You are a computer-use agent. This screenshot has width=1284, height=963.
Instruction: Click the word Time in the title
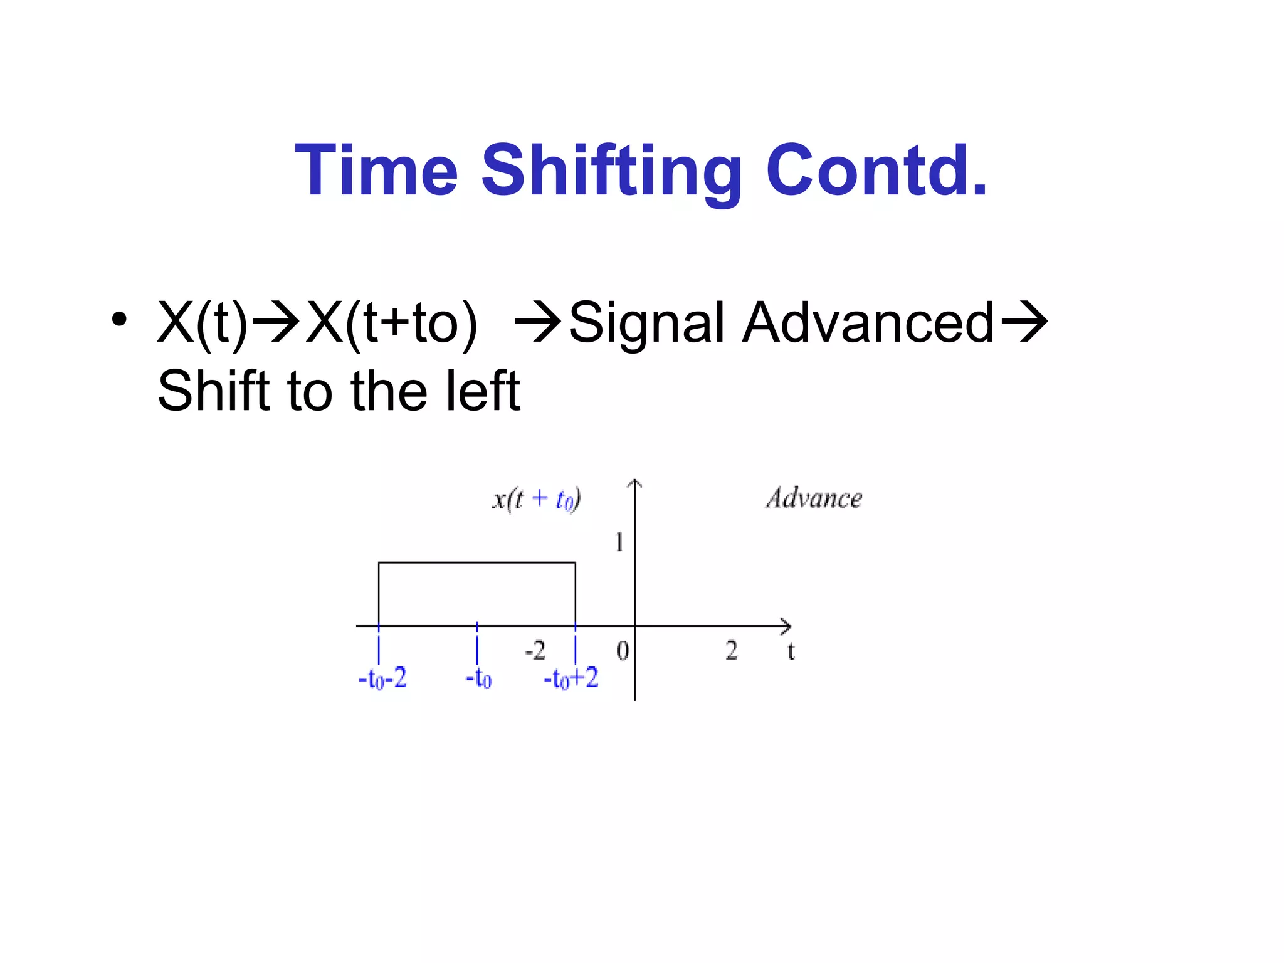click(x=377, y=171)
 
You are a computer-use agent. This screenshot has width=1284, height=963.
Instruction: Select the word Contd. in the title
click(x=876, y=171)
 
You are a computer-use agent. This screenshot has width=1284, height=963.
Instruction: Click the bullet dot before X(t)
click(x=118, y=319)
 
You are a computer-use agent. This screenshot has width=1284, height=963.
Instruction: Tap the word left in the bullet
click(x=482, y=391)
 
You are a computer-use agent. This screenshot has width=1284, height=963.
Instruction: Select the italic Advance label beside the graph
click(x=814, y=498)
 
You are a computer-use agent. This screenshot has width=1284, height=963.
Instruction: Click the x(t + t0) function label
click(x=536, y=500)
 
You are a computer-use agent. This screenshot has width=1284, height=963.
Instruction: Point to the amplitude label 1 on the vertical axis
click(x=619, y=542)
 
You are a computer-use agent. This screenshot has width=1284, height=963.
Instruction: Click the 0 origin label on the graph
click(x=623, y=651)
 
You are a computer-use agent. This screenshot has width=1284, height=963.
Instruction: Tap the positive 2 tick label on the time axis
click(x=732, y=650)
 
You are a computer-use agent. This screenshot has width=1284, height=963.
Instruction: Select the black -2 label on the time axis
click(x=535, y=650)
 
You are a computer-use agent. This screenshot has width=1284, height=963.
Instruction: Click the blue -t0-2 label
click(x=382, y=678)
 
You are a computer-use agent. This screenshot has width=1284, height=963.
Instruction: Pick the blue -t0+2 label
click(x=571, y=678)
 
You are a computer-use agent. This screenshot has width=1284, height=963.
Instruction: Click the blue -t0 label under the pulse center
click(x=478, y=678)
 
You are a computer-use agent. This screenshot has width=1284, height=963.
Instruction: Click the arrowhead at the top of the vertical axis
click(x=635, y=483)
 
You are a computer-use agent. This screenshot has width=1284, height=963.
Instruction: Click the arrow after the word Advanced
click(x=1024, y=322)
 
